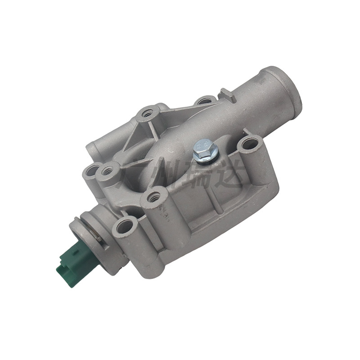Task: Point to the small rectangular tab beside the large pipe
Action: [x=225, y=94]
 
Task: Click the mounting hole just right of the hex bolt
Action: [x=250, y=144]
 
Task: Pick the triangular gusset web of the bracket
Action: [x=137, y=135]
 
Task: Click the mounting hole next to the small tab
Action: [x=205, y=100]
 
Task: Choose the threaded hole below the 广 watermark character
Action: [x=153, y=196]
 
